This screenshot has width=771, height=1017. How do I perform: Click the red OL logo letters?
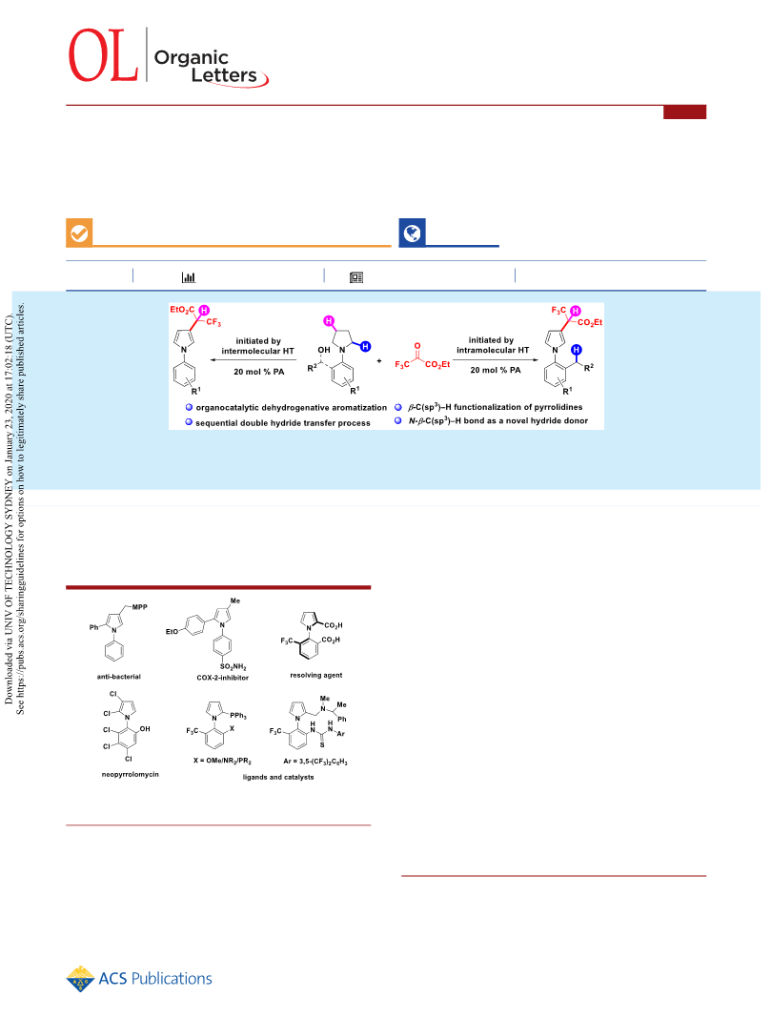pyautogui.click(x=103, y=55)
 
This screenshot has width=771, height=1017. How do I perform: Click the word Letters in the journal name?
pyautogui.click(x=224, y=75)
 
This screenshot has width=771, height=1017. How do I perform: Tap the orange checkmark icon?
pyautogui.click(x=79, y=233)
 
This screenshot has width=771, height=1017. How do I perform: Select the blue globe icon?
pyautogui.click(x=412, y=233)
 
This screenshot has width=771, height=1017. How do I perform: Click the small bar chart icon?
pyautogui.click(x=188, y=277)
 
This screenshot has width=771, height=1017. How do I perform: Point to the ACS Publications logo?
pyautogui.click(x=139, y=979)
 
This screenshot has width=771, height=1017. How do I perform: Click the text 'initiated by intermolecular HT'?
pyautogui.click(x=257, y=346)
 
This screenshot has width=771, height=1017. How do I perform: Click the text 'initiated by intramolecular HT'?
pyautogui.click(x=492, y=345)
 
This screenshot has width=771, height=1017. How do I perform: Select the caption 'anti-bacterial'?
pyautogui.click(x=119, y=677)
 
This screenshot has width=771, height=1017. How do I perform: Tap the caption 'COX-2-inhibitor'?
pyautogui.click(x=222, y=678)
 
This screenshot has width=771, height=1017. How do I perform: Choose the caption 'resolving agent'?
pyautogui.click(x=315, y=675)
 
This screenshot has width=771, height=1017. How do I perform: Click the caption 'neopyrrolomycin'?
pyautogui.click(x=130, y=774)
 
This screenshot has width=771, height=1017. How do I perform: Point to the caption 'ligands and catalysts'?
pyautogui.click(x=278, y=777)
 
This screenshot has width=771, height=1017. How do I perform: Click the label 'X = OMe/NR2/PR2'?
pyautogui.click(x=222, y=761)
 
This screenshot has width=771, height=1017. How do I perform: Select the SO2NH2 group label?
pyautogui.click(x=233, y=667)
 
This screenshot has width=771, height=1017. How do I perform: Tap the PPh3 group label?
pyautogui.click(x=238, y=716)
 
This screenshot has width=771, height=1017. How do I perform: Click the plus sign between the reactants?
pyautogui.click(x=379, y=360)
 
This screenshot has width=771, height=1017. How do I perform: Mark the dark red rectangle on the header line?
pyautogui.click(x=685, y=112)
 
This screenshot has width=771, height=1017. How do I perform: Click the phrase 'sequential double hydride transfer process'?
pyautogui.click(x=283, y=423)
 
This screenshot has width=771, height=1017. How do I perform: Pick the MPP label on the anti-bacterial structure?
pyautogui.click(x=139, y=607)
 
